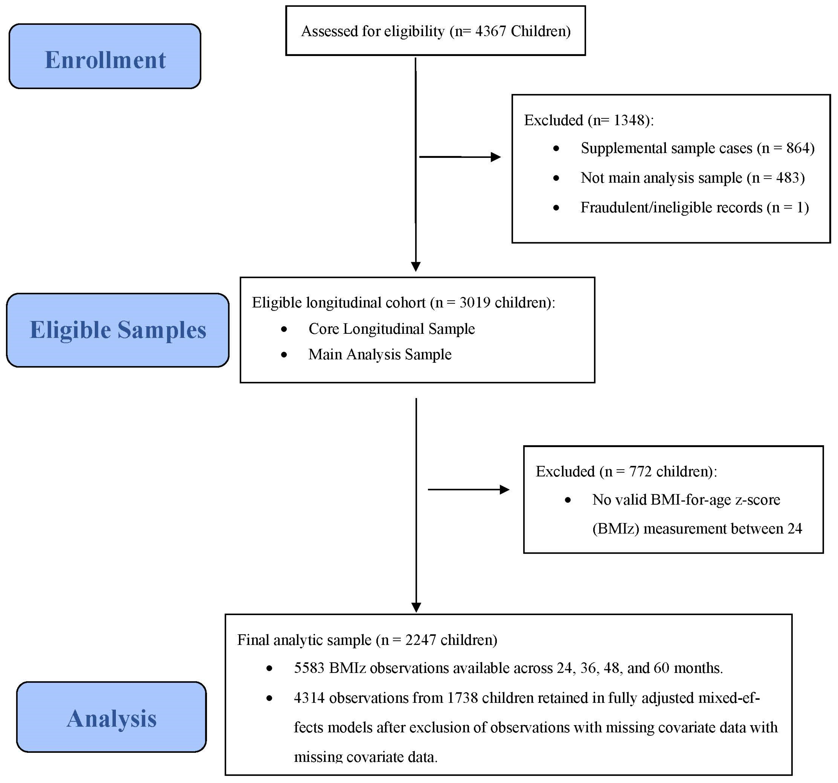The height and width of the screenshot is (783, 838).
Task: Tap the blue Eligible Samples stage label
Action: [118, 330]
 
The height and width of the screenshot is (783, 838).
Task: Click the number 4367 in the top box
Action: [490, 31]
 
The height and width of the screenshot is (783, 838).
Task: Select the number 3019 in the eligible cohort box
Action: [475, 303]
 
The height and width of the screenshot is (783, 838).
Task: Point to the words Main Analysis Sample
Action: [380, 354]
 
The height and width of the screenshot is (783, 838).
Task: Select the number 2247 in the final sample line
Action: [421, 640]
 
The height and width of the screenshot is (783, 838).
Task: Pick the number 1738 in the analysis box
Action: [462, 698]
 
